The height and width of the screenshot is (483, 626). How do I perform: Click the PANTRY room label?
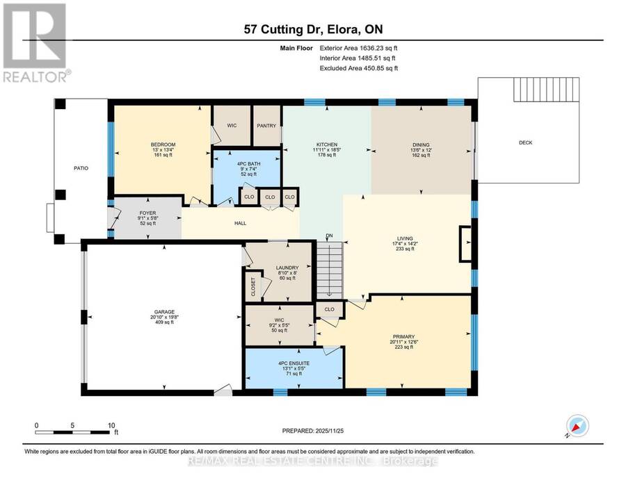click(x=266, y=126)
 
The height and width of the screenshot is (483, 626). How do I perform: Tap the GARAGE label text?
click(x=164, y=312)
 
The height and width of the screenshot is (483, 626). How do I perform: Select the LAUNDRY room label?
click(x=287, y=268)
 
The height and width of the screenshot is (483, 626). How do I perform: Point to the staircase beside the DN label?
click(x=330, y=270)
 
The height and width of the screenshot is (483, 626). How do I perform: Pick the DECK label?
click(x=525, y=142)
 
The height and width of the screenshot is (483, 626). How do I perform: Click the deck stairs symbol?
click(x=546, y=90)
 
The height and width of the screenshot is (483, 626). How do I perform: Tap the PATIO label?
click(x=81, y=168)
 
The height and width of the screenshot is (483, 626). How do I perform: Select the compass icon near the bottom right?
click(x=577, y=426)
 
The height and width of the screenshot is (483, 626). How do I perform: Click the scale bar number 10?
click(x=111, y=425)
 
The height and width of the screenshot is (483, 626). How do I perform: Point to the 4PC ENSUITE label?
click(x=294, y=363)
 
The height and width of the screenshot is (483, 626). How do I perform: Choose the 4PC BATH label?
click(x=249, y=163)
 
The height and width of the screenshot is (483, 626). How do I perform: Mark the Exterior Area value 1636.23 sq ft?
click(x=378, y=48)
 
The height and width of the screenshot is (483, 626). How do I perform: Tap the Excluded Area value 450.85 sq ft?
click(x=380, y=68)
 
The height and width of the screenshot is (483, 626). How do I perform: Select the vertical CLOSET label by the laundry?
click(x=253, y=286)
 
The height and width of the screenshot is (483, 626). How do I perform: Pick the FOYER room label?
click(x=147, y=213)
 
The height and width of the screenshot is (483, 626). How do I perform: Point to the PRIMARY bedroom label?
click(x=403, y=336)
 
